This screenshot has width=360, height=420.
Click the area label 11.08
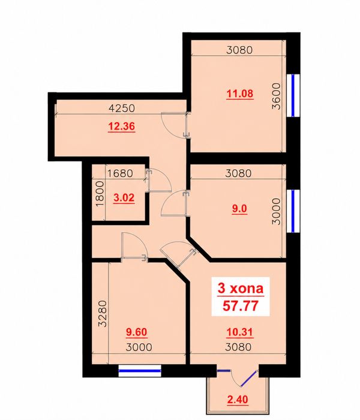240,94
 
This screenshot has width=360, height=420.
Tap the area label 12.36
121,126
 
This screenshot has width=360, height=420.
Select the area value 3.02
124,198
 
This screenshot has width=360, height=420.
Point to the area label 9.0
239,209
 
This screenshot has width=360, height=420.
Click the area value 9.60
137,332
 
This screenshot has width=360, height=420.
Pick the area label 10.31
240,332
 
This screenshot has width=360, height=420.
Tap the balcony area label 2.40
238,400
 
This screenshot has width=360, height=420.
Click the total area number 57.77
241,305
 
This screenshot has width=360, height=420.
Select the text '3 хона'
241,289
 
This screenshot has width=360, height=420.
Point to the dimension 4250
122,108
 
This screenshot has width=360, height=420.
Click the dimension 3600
276,96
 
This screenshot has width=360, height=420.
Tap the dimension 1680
120,173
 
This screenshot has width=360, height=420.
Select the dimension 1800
100,194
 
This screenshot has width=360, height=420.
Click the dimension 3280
103,314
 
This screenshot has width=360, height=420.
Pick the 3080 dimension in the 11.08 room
239,50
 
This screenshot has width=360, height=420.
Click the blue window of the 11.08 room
293,95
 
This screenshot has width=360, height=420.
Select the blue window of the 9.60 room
140,371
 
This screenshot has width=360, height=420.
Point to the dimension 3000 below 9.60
139,347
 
